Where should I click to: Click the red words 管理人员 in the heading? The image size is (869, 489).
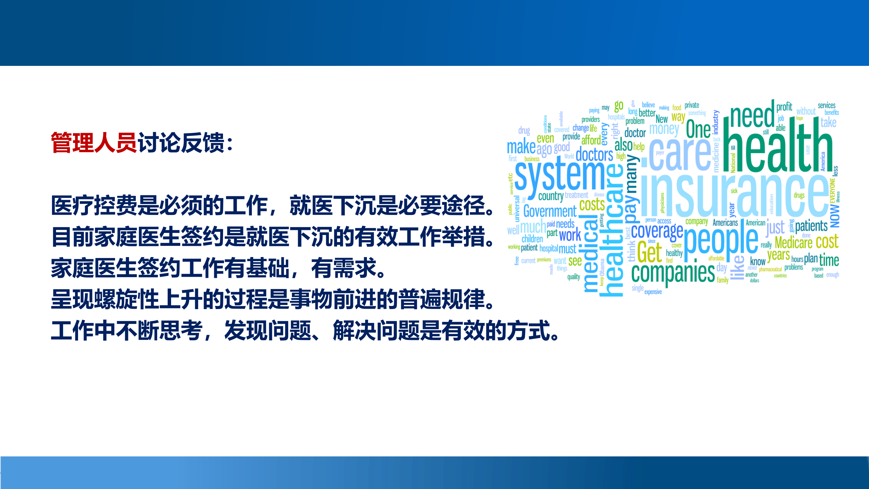[x=94, y=143]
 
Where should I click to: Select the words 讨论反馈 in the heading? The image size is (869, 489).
[x=181, y=143]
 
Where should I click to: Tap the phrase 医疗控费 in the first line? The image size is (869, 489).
[x=94, y=206]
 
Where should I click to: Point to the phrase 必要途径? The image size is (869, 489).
[x=441, y=206]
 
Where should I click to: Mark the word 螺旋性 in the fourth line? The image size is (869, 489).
[x=115, y=300]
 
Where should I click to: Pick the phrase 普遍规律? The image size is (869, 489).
[x=441, y=300]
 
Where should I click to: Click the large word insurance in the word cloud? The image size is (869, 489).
[x=733, y=195]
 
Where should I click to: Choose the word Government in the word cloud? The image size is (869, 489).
[x=550, y=212]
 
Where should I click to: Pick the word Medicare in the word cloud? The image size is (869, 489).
[x=793, y=243]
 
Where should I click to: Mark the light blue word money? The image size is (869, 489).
[x=664, y=129]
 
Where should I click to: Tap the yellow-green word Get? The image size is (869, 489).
[x=649, y=252]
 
